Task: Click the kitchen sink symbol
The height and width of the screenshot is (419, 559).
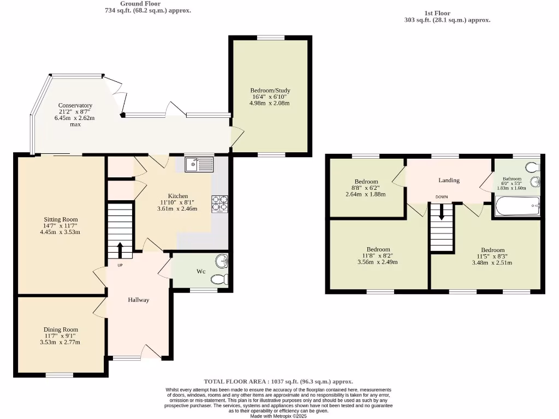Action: [199, 164]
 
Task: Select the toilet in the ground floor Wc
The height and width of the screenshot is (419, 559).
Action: [219, 280]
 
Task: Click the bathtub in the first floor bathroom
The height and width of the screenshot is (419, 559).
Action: [517, 207]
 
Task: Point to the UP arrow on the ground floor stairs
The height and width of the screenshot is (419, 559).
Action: [120, 251]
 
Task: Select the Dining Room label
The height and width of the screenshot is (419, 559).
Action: [61, 330]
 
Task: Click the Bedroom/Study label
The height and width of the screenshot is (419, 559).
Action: [270, 91]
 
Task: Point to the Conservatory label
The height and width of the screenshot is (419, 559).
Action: [75, 105]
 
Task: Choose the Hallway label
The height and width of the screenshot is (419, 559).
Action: [139, 300]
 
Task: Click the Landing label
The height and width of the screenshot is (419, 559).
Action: [449, 180]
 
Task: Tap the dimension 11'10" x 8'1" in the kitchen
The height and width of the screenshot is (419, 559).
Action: [178, 202]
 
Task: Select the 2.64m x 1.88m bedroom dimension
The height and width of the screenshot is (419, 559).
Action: [366, 194]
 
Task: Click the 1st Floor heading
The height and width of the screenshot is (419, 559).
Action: [437, 13]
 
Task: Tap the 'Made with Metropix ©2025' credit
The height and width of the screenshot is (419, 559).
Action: [278, 416]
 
